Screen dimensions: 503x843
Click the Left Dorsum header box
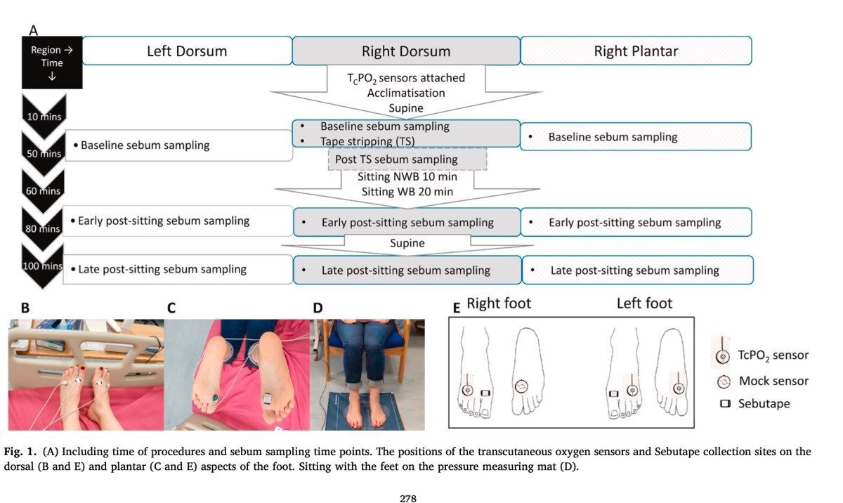click(188, 51)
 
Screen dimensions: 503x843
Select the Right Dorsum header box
click(406, 51)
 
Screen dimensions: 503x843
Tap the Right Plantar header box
click(635, 51)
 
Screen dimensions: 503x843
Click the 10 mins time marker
click(43, 117)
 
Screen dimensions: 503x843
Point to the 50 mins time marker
click(43, 152)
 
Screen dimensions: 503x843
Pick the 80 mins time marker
click(43, 227)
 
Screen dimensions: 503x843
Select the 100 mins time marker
click(43, 266)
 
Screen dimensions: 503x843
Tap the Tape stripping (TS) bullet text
click(367, 141)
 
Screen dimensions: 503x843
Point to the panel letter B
click(25, 307)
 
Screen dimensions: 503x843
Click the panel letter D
click(318, 307)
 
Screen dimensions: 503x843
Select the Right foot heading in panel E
click(499, 303)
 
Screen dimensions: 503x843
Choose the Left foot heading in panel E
click(644, 303)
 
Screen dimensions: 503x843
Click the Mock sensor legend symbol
click(721, 381)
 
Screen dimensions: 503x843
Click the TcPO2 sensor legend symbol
click(721, 354)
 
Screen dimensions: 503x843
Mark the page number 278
click(409, 499)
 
